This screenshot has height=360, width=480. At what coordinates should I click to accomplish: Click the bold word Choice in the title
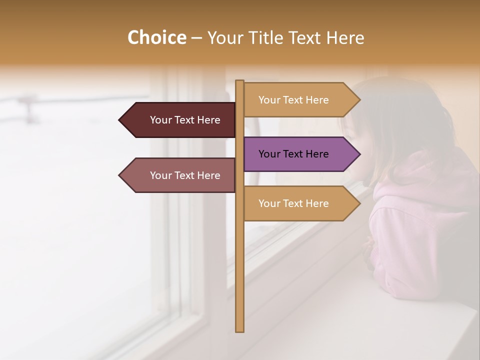(x=156, y=37)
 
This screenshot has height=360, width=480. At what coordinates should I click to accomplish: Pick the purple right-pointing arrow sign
(x=300, y=154)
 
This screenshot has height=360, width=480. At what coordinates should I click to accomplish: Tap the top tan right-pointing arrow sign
(x=300, y=99)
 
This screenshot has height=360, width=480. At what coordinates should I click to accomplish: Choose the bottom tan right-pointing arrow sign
(x=300, y=203)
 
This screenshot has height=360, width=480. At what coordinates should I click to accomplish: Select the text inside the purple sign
(x=293, y=154)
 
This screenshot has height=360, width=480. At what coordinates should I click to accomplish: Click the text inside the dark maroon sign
(x=185, y=120)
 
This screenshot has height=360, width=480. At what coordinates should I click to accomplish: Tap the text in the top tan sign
(x=293, y=100)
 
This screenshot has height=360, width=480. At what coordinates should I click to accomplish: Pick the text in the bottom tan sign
(x=293, y=203)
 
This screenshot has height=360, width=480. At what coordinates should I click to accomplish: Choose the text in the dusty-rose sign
(x=185, y=175)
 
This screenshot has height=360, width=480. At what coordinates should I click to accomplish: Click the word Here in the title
(x=345, y=38)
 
